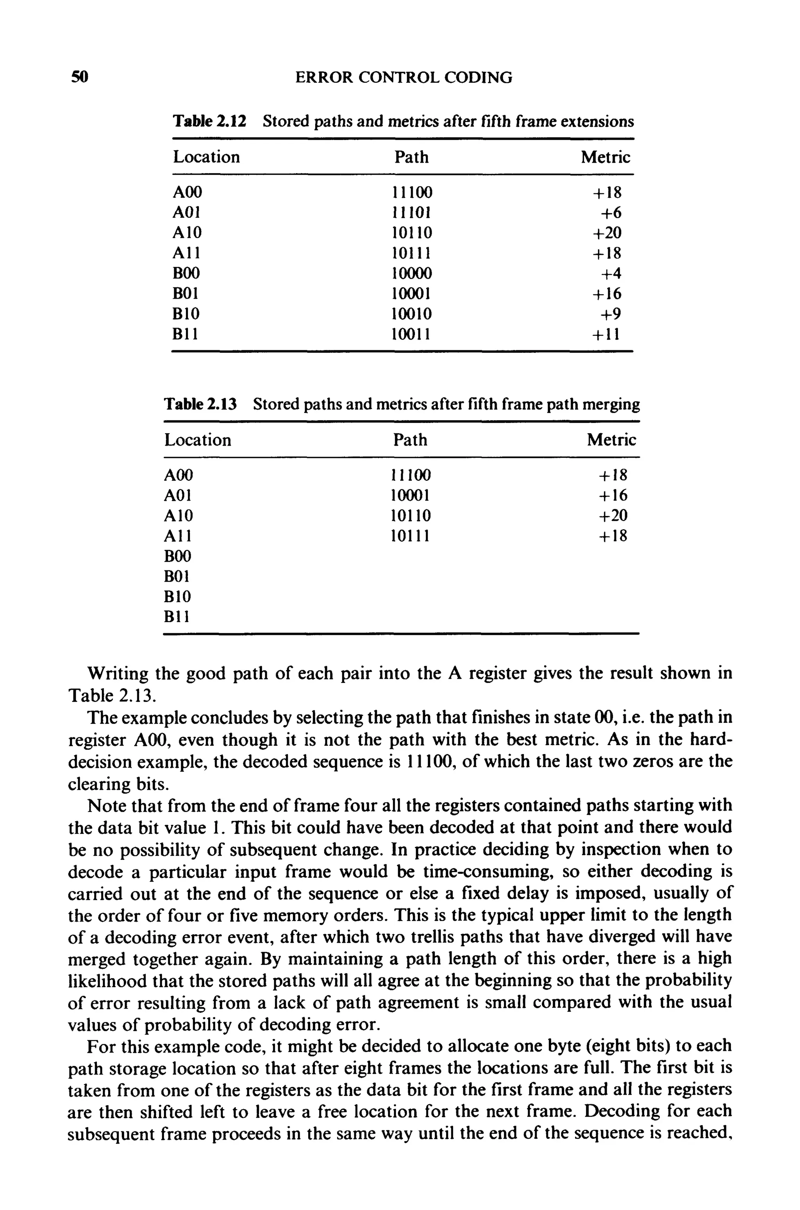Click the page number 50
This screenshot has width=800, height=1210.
click(80, 77)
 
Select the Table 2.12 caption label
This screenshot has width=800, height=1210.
click(210, 122)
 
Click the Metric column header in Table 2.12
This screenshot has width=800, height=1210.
click(605, 157)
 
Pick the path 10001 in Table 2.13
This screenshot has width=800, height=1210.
click(410, 495)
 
